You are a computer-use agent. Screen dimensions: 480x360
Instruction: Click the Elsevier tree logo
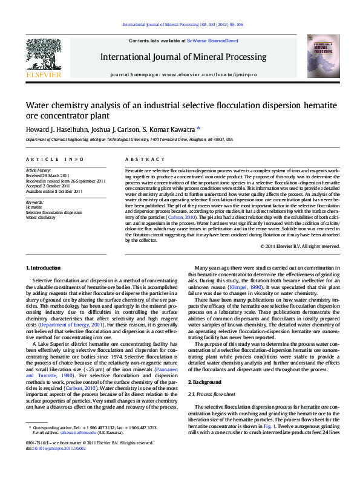pyautogui.click(x=43, y=55)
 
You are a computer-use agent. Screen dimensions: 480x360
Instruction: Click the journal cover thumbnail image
pyautogui.click(x=319, y=56)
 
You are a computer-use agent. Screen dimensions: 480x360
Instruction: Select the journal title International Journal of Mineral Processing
pyautogui.click(x=180, y=57)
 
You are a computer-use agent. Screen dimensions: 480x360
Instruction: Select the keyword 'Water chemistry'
pyautogui.click(x=41, y=218)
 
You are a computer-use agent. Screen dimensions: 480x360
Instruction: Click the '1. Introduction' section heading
pyautogui.click(x=44, y=268)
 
